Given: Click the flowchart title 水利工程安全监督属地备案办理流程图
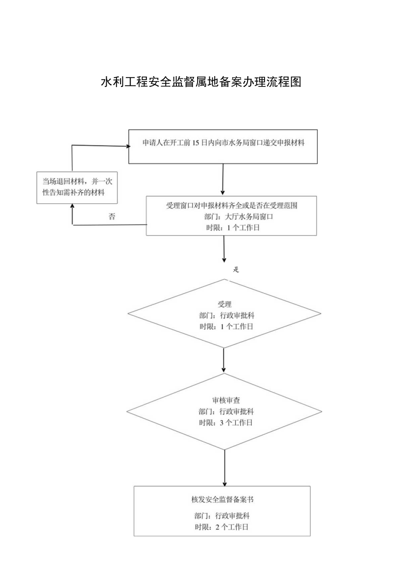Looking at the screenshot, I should [201, 82].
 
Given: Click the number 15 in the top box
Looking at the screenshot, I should [196, 143].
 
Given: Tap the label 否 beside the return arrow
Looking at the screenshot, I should [112, 217].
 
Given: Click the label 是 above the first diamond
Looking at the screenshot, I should [235, 270].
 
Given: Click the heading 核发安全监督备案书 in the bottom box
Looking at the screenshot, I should [222, 500].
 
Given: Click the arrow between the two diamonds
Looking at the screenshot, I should [224, 360].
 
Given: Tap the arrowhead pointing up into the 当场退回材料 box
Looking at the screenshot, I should [73, 207].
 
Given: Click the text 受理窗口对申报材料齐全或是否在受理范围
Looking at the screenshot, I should [232, 206].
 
